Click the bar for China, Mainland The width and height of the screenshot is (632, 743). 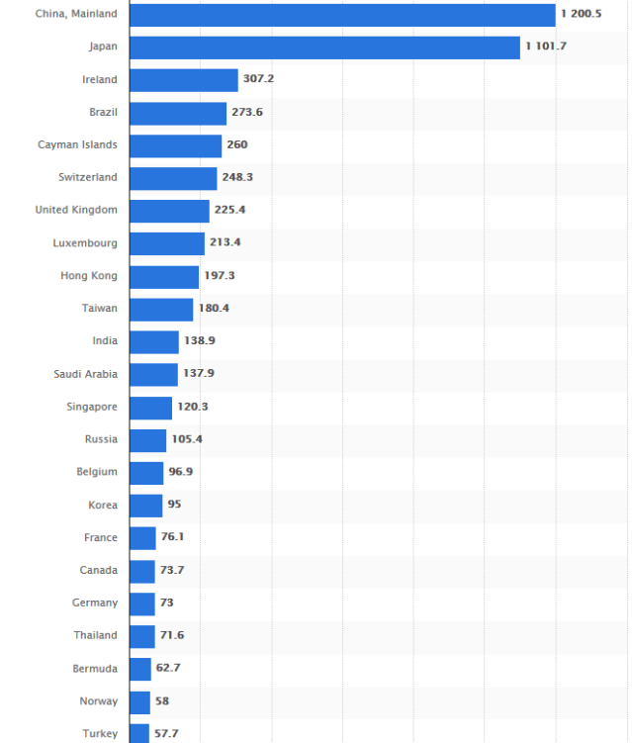pos(342,15)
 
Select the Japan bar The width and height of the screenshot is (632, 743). pos(324,47)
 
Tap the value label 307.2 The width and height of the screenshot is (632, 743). pos(258,79)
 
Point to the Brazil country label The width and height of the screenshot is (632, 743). pos(103,112)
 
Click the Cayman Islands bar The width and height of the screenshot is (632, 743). pos(175,145)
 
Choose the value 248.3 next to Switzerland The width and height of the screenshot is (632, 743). pos(237,177)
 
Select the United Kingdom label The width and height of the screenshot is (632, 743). pos(76,210)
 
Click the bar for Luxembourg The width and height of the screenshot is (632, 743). pos(167,243)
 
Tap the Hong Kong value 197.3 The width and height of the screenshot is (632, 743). pos(220,275)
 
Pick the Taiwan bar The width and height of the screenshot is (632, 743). pos(161,309)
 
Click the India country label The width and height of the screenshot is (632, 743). pos(105,340)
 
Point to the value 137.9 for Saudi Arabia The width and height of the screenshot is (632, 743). pos(198,374)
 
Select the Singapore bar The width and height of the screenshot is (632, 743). pos(150,407)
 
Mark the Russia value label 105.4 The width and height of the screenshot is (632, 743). pos(187,438)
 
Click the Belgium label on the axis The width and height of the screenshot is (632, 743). pos(97,472)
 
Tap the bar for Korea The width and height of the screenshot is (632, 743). pos(145,505)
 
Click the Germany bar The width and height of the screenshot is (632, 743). pos(142,603)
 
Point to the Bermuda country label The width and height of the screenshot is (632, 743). pos(96,669)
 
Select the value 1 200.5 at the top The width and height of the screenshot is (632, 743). pos(581,14)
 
